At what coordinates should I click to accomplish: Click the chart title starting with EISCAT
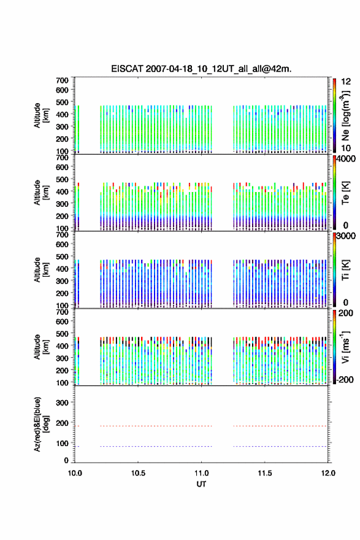[201, 69]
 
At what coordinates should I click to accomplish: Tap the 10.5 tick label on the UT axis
[138, 473]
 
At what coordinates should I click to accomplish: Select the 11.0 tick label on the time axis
[201, 473]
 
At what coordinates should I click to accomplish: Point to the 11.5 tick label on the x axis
[265, 473]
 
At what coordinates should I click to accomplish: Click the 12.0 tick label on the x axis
[328, 473]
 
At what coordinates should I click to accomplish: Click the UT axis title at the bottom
[201, 484]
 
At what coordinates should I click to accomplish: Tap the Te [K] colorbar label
[345, 193]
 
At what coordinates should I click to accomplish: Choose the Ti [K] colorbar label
[345, 269]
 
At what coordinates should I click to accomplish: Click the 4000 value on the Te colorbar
[345, 159]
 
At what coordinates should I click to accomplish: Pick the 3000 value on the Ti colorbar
[345, 236]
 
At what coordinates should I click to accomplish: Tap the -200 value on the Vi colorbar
[345, 379]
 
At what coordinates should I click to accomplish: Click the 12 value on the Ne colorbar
[346, 82]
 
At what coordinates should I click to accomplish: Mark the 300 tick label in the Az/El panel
[62, 403]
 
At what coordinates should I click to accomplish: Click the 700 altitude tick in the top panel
[62, 80]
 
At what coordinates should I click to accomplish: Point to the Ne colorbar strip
[334, 115]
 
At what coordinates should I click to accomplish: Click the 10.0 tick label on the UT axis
[75, 473]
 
